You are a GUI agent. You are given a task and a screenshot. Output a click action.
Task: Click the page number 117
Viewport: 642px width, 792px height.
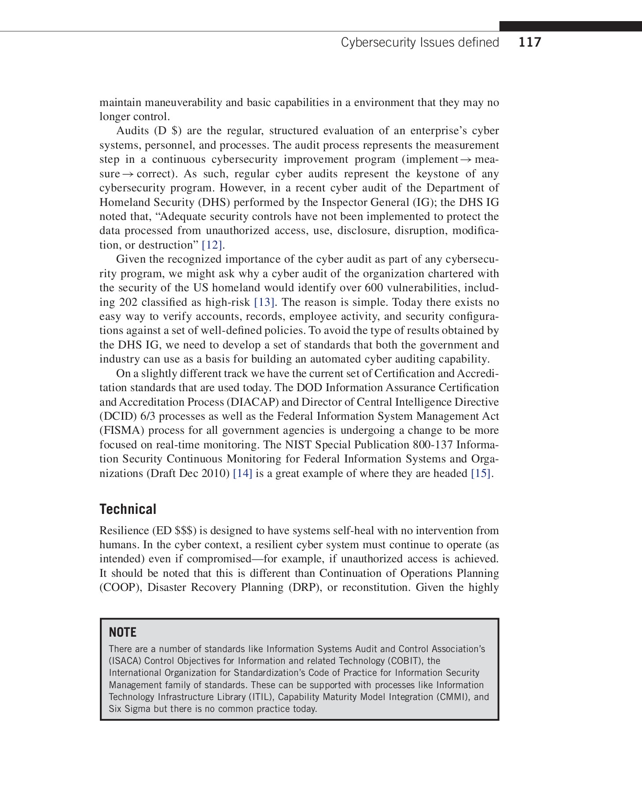tap(530, 42)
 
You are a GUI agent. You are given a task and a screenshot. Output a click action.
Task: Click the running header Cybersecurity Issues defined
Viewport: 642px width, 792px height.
tap(420, 42)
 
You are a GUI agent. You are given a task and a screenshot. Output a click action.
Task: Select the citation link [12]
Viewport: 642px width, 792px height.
tap(212, 245)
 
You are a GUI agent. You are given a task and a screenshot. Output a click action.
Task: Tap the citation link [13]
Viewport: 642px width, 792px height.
tap(264, 302)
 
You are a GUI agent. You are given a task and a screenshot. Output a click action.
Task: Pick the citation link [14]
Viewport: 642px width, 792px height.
tap(242, 473)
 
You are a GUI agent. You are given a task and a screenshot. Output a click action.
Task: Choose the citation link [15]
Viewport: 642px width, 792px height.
tap(481, 473)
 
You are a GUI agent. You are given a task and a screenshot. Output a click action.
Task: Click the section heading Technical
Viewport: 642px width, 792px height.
tap(128, 509)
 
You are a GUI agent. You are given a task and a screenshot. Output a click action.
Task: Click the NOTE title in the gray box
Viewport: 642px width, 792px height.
tap(122, 632)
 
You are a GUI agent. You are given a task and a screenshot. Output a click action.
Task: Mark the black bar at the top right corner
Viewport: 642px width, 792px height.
tap(570, 26)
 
